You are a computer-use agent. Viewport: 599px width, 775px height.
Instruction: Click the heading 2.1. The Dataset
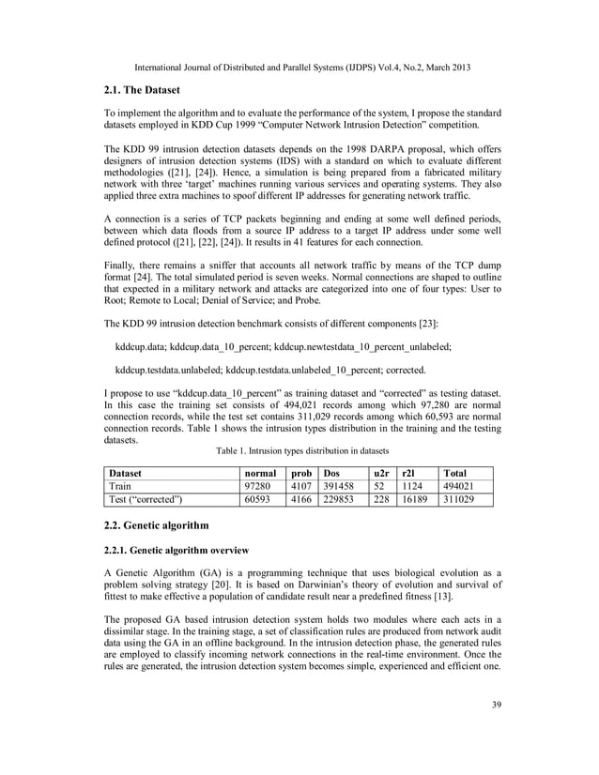148,90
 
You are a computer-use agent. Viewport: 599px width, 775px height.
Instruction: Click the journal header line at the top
302,68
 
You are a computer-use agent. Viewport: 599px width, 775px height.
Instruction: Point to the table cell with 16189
415,501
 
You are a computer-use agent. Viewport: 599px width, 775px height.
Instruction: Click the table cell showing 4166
300,501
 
